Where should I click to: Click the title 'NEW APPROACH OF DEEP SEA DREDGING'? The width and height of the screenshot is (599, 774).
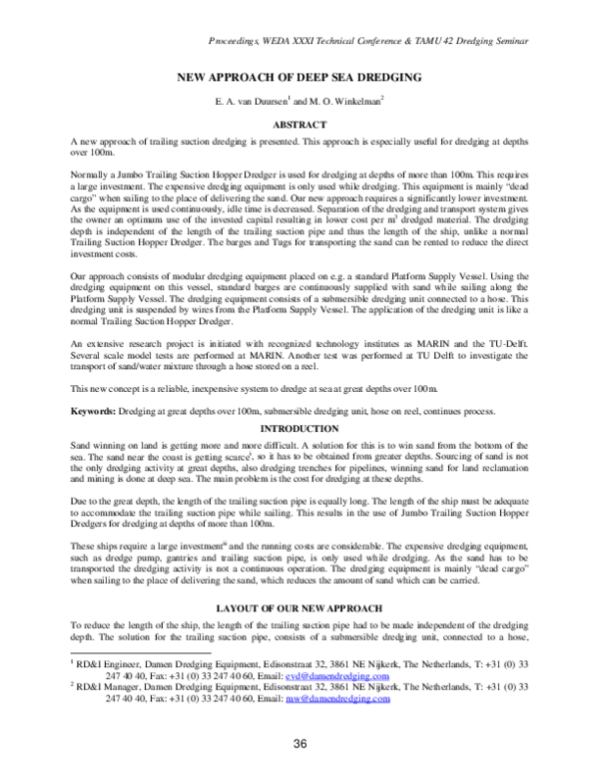coord(299,77)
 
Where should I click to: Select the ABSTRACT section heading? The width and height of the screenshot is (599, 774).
coord(299,125)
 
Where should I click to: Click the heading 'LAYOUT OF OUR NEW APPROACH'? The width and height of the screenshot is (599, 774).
coord(299,607)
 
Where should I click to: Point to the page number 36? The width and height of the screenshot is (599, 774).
coord(299,744)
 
